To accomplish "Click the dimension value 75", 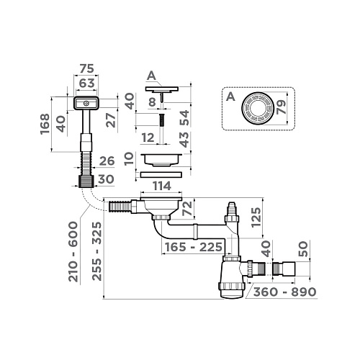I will pyautogui.click(x=86, y=70).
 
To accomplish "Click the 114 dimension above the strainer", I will pyautogui.click(x=161, y=189).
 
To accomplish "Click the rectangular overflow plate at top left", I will pyautogui.click(x=86, y=105).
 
